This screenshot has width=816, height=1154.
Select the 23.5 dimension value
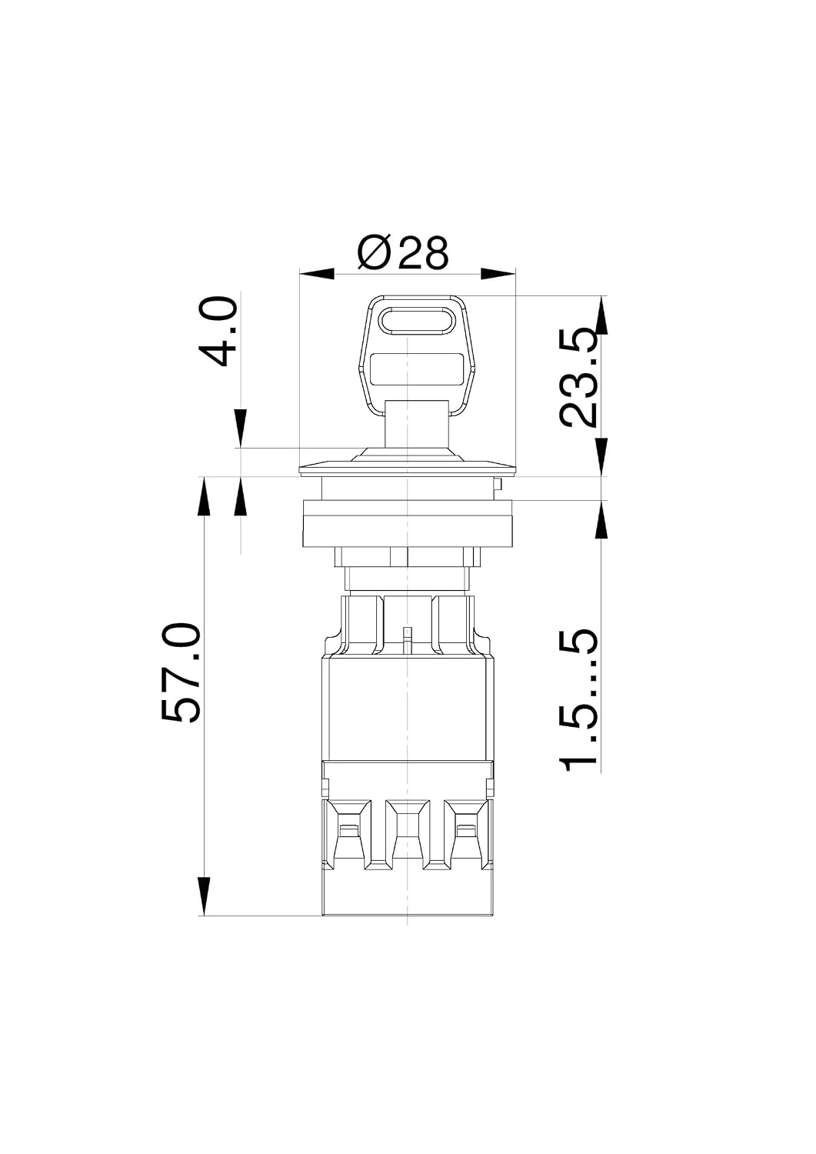pos(579,378)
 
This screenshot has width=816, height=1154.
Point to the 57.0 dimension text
pos(180,673)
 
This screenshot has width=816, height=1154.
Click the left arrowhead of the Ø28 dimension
pos(317,274)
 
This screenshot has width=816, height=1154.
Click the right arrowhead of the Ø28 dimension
pos(498,274)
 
